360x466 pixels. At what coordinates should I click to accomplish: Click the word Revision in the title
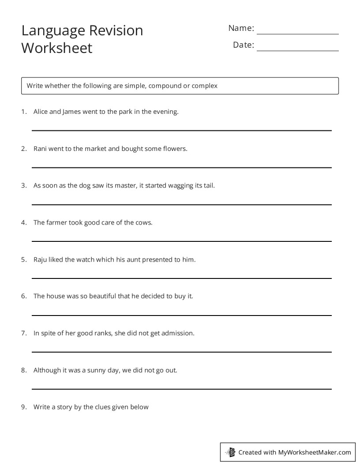[x=116, y=30]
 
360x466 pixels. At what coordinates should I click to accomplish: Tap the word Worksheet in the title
[x=57, y=48]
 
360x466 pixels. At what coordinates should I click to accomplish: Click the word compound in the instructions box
[x=165, y=86]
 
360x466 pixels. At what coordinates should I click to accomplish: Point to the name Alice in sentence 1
[x=41, y=112]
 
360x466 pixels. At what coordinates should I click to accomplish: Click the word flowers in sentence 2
[x=175, y=149]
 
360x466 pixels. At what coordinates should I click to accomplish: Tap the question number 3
[x=23, y=185]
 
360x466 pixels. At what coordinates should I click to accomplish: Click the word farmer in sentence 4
[x=57, y=222]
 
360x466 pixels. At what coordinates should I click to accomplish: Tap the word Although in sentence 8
[x=47, y=370]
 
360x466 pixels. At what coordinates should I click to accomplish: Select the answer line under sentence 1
[x=181, y=131]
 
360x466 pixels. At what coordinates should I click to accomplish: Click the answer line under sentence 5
[x=181, y=278]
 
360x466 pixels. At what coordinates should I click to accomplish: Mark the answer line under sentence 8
[x=181, y=389]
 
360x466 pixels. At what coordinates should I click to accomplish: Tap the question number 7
[x=23, y=333]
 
